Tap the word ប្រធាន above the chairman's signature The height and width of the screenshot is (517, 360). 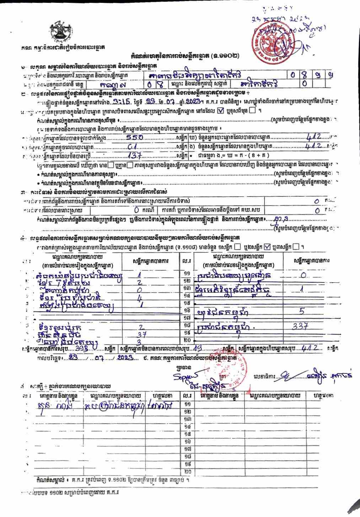pos(182,364)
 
